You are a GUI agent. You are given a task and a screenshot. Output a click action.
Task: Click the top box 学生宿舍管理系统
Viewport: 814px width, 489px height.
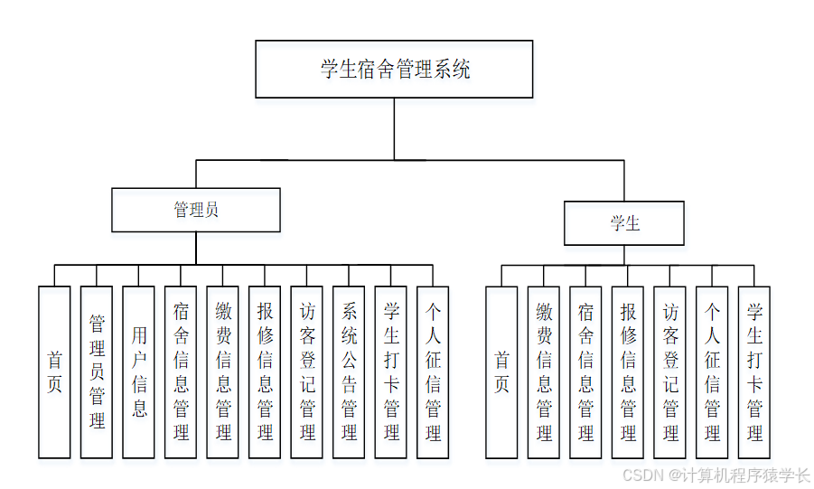click(394, 69)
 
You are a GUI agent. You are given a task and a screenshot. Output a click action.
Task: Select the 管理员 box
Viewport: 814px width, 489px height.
click(195, 210)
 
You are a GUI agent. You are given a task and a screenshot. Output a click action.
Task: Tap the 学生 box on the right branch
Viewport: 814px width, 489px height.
click(624, 223)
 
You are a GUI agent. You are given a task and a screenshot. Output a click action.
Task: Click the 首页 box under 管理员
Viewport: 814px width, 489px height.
click(54, 371)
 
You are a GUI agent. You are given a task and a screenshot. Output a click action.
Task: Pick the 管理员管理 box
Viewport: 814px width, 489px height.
click(97, 371)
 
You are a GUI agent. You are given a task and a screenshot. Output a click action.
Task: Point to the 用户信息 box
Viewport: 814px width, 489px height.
click(138, 371)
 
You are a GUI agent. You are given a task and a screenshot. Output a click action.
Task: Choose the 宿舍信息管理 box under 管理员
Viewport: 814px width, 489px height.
click(181, 371)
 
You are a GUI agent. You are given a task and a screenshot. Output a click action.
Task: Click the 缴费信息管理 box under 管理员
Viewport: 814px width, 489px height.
click(222, 371)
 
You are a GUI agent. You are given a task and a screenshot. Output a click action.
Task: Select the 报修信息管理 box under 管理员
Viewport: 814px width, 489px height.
click(265, 371)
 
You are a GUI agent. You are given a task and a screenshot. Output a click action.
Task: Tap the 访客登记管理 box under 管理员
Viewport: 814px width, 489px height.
click(306, 371)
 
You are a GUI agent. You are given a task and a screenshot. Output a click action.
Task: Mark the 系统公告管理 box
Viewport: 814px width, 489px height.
click(349, 371)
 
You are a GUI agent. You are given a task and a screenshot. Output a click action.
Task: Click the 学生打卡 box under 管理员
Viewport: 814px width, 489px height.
click(390, 371)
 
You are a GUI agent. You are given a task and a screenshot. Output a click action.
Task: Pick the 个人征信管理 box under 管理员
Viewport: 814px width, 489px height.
click(433, 371)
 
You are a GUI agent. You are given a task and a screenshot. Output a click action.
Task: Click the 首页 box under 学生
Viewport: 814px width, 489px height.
click(501, 371)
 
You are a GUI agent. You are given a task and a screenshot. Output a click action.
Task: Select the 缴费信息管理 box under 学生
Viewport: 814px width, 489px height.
click(544, 371)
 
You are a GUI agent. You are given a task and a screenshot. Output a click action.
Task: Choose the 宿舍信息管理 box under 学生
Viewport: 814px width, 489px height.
click(585, 371)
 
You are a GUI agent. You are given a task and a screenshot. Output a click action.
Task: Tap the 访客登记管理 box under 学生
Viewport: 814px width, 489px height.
click(669, 371)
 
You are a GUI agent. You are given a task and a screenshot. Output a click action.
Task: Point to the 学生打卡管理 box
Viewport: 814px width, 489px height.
click(754, 371)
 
